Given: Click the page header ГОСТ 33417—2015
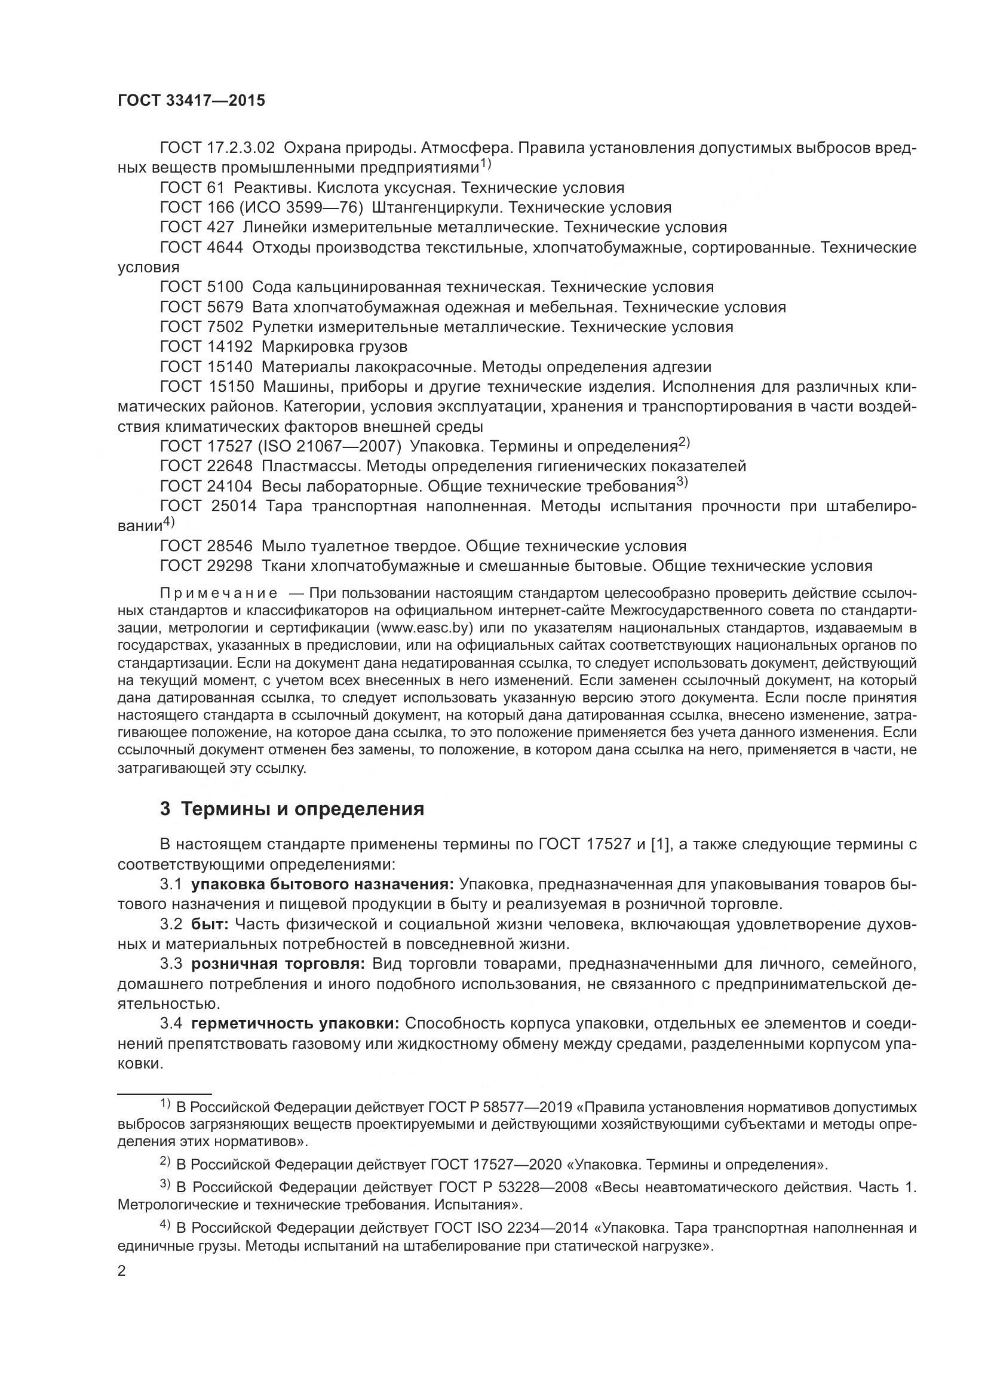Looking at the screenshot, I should pos(191,101).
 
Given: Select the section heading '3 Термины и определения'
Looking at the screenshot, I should pos(292,809).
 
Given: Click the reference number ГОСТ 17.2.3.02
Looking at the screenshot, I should pos(217,148).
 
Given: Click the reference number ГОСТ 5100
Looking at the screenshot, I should pos(201,287).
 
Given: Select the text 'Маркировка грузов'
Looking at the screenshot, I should pos(334,347).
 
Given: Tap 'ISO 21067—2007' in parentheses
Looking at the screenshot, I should pos(329,447).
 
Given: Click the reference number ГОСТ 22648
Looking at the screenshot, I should pos(205,466).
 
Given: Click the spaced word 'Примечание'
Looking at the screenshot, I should pos(219,594).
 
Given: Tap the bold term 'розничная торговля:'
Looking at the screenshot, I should pos(278,964).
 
